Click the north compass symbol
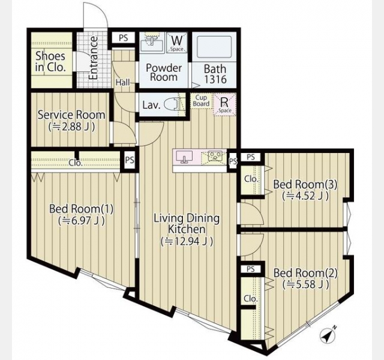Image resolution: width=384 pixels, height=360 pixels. (328, 335)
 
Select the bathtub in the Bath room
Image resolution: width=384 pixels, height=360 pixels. (214, 47)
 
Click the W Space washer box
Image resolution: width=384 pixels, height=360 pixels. (176, 43)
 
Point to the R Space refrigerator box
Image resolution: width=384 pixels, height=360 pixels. (224, 104)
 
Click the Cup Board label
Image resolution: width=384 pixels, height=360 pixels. (201, 101)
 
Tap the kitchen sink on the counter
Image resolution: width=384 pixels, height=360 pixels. (184, 157)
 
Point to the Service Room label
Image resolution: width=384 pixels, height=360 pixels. (71, 115)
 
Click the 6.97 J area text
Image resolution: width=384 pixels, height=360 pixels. (82, 221)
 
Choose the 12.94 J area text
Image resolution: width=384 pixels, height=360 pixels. (187, 241)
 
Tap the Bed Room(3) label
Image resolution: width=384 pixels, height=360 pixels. (305, 184)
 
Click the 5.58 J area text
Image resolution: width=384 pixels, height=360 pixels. (305, 284)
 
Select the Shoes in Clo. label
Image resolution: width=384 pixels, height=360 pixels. (50, 62)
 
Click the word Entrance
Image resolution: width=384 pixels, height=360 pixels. (94, 58)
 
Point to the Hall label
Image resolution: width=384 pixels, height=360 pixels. (122, 82)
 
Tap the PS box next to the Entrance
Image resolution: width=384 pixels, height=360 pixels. (124, 38)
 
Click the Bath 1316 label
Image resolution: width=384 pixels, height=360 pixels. (215, 74)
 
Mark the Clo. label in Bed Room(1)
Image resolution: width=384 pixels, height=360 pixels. (76, 163)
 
